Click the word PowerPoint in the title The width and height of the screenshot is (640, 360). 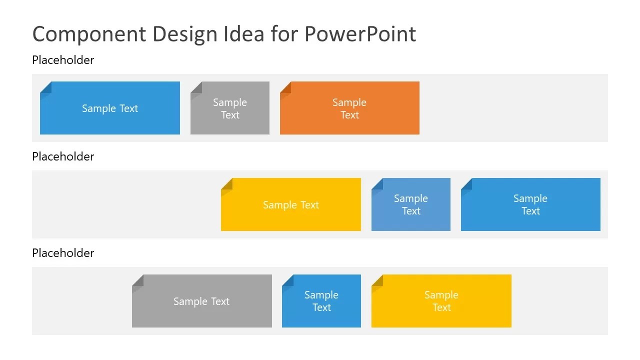click(x=360, y=34)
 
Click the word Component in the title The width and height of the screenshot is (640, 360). click(x=89, y=34)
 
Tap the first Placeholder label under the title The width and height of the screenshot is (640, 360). click(x=63, y=60)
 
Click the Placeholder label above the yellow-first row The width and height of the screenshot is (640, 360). click(x=63, y=156)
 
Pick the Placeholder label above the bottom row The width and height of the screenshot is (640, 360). click(x=63, y=253)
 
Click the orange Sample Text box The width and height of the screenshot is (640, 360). click(x=349, y=108)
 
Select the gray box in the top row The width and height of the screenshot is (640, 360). click(x=230, y=108)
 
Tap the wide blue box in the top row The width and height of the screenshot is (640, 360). click(x=110, y=108)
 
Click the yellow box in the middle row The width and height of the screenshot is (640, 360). click(x=291, y=205)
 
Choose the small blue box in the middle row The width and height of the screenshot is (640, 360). click(x=411, y=205)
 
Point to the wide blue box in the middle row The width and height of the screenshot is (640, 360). click(x=530, y=205)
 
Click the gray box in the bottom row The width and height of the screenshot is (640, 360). click(x=201, y=301)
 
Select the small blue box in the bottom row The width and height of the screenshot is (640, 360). click(x=321, y=301)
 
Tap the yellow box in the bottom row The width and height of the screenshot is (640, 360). click(x=441, y=301)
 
